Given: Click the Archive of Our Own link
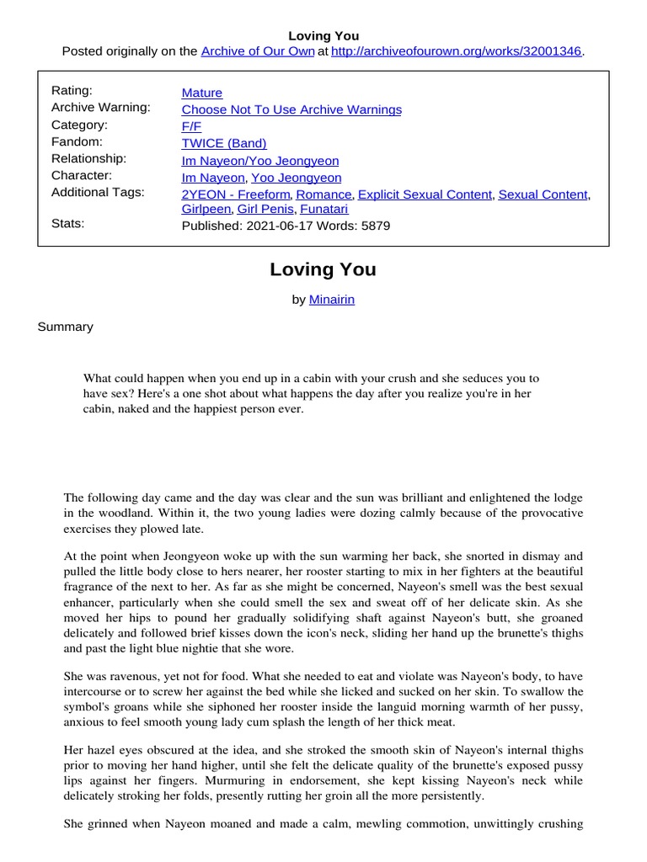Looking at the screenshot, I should click(257, 52).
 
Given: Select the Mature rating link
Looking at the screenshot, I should click(202, 93).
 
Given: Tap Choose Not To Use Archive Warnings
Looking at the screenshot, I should click(291, 109).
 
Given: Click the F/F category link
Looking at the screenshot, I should click(191, 126).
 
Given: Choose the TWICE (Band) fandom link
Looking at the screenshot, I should click(224, 143).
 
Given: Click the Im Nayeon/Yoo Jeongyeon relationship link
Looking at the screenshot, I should click(260, 161).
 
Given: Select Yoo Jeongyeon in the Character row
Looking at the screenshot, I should click(297, 178).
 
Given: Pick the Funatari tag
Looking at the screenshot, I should click(323, 209).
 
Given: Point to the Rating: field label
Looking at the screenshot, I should click(72, 91).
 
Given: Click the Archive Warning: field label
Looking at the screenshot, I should click(101, 108).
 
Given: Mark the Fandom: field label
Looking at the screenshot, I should click(77, 141).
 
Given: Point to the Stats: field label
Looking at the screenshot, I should click(68, 224).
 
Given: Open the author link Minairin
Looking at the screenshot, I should click(332, 300).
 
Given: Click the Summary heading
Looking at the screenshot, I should click(65, 327).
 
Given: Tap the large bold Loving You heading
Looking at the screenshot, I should click(323, 270).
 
